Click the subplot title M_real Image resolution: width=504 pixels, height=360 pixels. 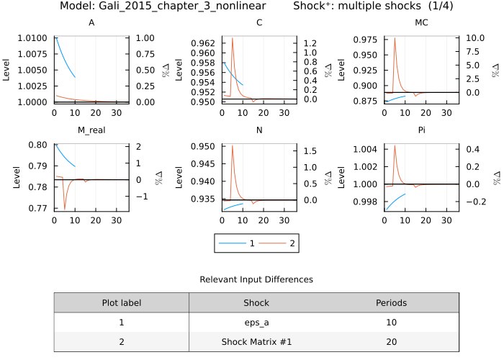pos(91,131)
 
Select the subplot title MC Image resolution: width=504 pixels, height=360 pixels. pos(422,23)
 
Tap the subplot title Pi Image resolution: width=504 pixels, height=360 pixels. pos(422,131)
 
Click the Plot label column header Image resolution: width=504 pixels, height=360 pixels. pos(121,302)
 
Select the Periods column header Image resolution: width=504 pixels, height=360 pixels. pos(391,302)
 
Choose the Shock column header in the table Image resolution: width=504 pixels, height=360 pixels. pos(256,302)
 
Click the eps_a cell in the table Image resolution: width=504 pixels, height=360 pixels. pos(256,323)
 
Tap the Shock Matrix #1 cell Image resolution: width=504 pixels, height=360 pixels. pos(256,342)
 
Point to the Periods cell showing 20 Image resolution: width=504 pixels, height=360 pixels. pos(391,342)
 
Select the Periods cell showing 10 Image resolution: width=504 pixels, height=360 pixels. pos(391,323)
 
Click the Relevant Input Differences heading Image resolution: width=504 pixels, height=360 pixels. pos(256,279)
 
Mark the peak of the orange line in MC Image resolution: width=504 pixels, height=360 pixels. pos(395,38)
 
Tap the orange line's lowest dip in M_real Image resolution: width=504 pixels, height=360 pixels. pos(65,209)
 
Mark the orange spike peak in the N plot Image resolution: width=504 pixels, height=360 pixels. pos(232,146)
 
